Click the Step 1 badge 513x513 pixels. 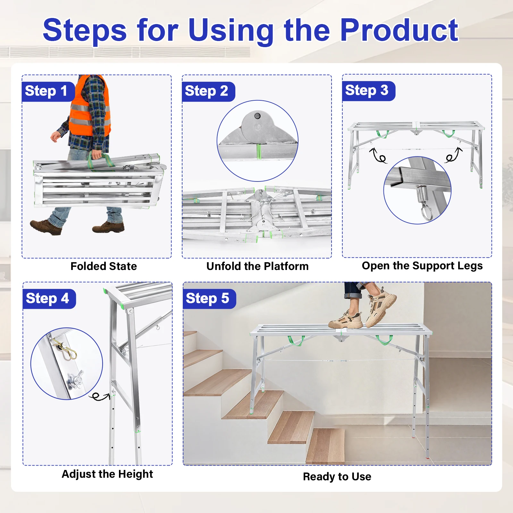(x=48, y=91)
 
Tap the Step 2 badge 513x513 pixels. (x=208, y=91)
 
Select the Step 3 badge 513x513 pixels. (x=369, y=91)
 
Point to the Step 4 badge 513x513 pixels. (x=49, y=299)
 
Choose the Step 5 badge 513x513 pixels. (x=209, y=299)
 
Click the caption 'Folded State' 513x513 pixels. (x=104, y=266)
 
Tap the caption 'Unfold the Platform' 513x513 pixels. (x=257, y=266)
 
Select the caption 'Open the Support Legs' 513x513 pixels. (x=422, y=266)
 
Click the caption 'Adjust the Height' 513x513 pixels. (x=107, y=474)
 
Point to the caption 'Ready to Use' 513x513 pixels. (x=337, y=477)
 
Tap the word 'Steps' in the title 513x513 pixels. (x=85, y=31)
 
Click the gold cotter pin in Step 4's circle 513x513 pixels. (x=66, y=350)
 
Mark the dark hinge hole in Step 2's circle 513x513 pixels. (x=257, y=116)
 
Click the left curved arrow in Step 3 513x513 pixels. (x=379, y=156)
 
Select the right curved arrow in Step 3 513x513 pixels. (x=453, y=155)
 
